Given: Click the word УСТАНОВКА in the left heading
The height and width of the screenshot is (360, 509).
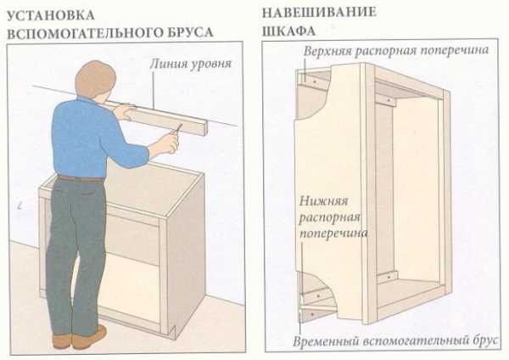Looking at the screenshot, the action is [51, 15].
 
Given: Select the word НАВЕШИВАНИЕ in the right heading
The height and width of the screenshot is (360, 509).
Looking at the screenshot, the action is [319, 13].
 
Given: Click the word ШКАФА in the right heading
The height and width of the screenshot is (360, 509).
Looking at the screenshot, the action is [289, 31].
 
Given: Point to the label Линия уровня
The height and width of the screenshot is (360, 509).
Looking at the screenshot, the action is [191, 64].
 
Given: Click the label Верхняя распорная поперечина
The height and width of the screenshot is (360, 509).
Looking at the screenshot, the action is [396, 51].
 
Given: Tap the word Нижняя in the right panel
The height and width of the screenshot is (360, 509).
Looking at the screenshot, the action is [323, 201].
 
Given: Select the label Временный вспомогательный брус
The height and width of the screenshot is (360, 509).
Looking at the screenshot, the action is [395, 341].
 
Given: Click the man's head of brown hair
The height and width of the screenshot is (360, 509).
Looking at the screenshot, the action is [95, 80].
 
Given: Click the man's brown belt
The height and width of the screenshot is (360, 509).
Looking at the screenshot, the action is [81, 178].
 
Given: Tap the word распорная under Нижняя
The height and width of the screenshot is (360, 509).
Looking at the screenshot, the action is [329, 218].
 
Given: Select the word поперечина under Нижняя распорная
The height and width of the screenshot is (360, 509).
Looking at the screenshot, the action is [333, 233].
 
